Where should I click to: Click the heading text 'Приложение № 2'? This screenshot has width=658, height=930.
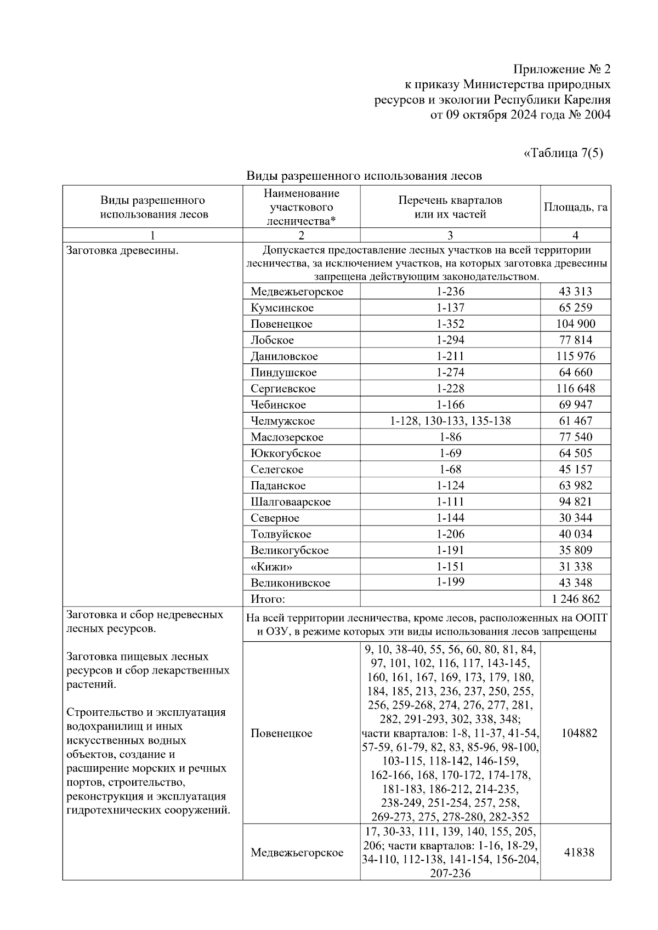point(561,70)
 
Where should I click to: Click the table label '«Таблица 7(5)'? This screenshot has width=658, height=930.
point(563,153)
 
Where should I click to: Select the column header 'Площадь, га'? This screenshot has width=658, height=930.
point(575,207)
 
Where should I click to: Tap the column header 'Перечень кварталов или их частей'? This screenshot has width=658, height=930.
point(450,207)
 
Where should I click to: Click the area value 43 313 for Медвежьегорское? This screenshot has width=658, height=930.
point(575,292)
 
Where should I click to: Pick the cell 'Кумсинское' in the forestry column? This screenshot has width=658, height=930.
point(282,308)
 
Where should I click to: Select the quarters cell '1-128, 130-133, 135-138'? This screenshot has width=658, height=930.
point(450,421)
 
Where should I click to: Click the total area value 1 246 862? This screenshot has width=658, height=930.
point(575,599)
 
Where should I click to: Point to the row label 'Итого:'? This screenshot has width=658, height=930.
point(268,599)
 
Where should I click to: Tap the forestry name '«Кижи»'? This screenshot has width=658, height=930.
point(271,567)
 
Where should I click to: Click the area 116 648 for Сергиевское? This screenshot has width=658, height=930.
point(575,389)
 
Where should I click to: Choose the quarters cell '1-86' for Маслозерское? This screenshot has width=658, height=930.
point(450,437)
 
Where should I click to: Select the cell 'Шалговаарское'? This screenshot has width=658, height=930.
point(291,502)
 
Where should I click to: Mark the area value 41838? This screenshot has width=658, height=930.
point(579,852)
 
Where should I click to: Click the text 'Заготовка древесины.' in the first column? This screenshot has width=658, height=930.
point(122,251)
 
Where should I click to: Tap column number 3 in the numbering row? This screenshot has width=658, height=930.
point(450,236)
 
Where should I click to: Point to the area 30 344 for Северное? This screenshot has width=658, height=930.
point(575,518)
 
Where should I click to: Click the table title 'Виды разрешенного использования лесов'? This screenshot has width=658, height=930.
point(364,176)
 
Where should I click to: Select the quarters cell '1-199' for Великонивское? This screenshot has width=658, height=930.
point(450,582)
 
